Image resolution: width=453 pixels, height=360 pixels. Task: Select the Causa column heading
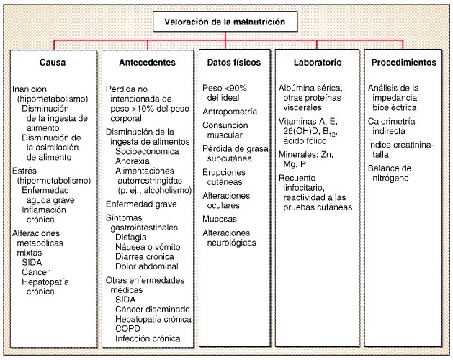(53, 63)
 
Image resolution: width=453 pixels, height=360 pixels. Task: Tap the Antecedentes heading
(148, 63)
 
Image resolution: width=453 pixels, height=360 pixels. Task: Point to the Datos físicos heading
(234, 63)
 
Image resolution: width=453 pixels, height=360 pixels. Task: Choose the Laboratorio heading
(318, 63)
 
